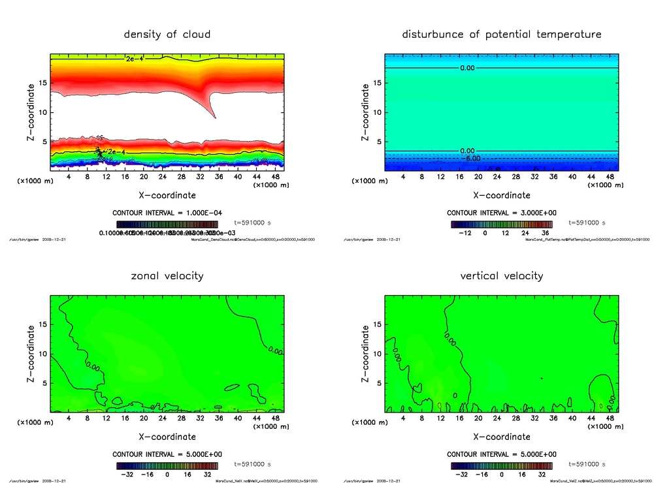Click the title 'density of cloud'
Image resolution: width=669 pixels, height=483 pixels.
167,34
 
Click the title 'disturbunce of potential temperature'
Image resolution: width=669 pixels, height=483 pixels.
502,34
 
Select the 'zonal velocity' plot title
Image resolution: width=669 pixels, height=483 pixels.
167,275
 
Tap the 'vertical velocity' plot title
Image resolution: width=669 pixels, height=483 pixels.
502,275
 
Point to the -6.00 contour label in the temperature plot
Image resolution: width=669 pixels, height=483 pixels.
472,158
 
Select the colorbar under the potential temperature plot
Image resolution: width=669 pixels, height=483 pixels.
502,224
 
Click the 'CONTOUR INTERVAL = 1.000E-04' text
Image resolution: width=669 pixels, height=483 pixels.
167,213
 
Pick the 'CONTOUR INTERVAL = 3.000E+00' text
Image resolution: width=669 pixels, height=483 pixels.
502,213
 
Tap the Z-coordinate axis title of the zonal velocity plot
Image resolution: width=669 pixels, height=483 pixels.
31,354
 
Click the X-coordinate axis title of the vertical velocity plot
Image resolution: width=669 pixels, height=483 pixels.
502,437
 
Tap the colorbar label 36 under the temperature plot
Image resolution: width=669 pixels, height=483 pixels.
544,232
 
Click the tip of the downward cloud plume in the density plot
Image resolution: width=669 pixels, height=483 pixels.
216,117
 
